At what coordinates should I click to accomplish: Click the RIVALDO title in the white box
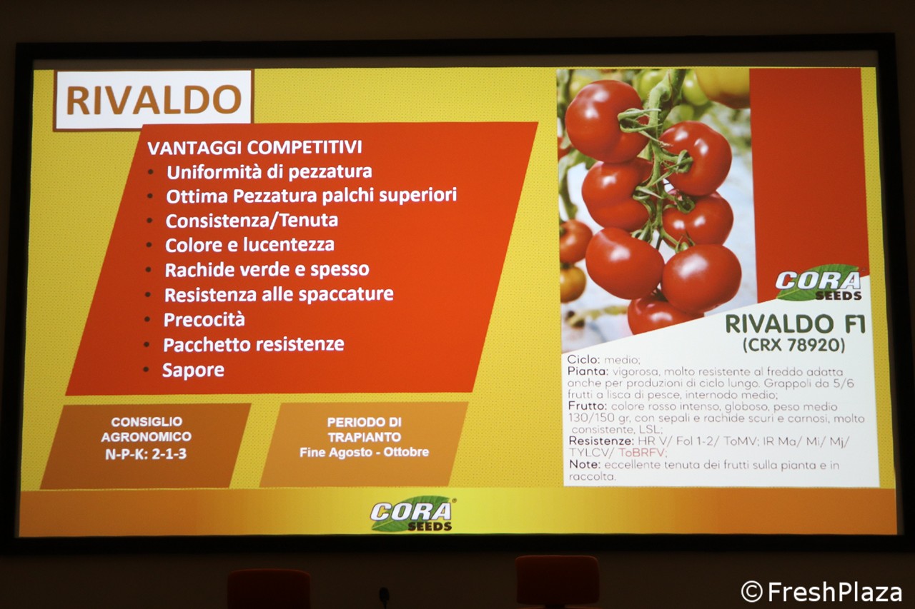[154, 100]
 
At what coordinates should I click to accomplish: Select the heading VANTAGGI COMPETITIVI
[255, 147]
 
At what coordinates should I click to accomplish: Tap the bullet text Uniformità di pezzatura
[269, 172]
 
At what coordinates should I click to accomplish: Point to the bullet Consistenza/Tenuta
[252, 221]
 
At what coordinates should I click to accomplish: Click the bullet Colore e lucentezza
[249, 245]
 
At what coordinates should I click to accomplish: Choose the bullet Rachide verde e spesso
[267, 270]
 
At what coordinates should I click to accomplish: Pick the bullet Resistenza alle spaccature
[279, 295]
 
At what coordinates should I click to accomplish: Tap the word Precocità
[204, 319]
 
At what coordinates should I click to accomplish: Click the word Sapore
[193, 371]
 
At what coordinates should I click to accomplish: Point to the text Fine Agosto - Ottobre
[364, 453]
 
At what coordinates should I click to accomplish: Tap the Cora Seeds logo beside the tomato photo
[818, 283]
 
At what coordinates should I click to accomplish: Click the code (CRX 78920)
[793, 345]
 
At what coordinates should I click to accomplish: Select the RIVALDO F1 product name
[795, 324]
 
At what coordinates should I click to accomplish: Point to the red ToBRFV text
[642, 453]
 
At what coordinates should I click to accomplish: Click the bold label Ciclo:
[584, 360]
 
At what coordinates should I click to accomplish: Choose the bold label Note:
[585, 465]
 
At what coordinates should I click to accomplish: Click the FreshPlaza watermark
[821, 591]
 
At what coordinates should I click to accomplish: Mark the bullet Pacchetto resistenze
[254, 345]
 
